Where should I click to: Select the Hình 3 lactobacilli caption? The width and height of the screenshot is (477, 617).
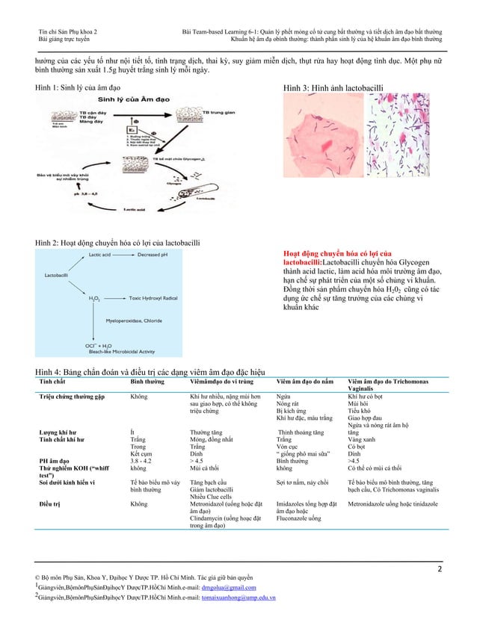tap(333, 88)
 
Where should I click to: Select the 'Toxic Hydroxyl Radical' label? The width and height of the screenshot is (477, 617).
tap(159, 297)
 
